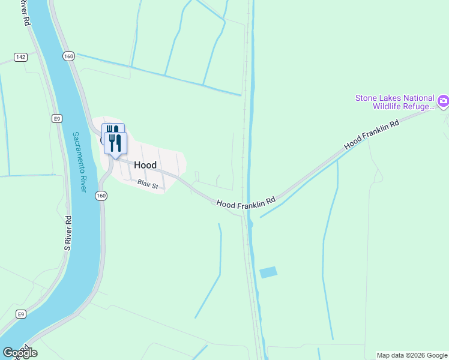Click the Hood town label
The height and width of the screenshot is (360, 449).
tap(145, 165)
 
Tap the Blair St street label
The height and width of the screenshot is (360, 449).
tap(147, 185)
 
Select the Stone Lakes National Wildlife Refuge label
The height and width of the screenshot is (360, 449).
tap(394, 103)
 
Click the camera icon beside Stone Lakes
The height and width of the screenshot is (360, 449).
tap(443, 101)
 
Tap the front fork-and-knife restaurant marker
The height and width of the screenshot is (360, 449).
tap(115, 143)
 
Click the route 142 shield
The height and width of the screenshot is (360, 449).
tap(20, 57)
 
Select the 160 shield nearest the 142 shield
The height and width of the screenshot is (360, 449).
tap(68, 56)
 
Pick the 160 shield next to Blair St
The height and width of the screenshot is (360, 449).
tap(101, 196)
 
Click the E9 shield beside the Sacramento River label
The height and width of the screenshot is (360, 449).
tap(56, 118)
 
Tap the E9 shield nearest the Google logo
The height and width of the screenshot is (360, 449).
tap(20, 314)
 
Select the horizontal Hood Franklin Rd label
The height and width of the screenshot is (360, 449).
tap(246, 205)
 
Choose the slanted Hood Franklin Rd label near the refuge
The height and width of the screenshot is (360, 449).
tap(372, 135)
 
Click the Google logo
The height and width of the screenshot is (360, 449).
tap(20, 353)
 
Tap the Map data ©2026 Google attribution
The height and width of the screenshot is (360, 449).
tap(412, 355)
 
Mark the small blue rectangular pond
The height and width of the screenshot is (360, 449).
tap(268, 272)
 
